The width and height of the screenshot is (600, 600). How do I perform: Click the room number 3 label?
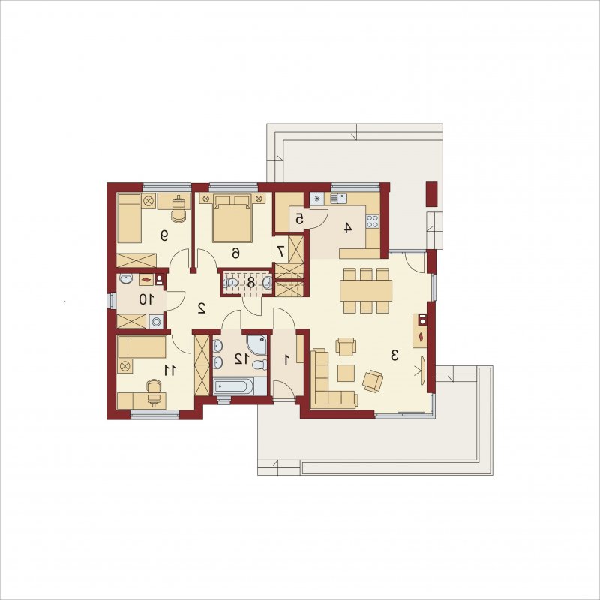click(394, 355)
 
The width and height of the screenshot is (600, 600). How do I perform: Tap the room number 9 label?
click(164, 235)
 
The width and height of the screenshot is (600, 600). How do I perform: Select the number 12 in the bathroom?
click(241, 359)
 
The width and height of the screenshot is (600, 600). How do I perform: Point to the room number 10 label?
click(146, 298)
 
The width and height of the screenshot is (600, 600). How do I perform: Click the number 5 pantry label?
click(299, 219)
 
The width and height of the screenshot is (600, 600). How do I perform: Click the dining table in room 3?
click(366, 290)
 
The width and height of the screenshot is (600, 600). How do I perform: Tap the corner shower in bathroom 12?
click(256, 344)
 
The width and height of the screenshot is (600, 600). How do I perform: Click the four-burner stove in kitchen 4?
click(372, 221)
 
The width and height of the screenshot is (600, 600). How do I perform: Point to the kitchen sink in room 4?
click(339, 199)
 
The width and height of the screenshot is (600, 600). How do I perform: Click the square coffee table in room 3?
click(346, 373)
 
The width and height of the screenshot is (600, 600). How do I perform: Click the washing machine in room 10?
click(156, 321)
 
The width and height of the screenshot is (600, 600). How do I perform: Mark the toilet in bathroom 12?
click(260, 364)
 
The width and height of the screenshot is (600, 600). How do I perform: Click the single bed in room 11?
click(142, 347)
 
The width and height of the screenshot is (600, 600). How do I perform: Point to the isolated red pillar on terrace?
click(431, 194)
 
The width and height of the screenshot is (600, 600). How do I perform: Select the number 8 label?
click(251, 283)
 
